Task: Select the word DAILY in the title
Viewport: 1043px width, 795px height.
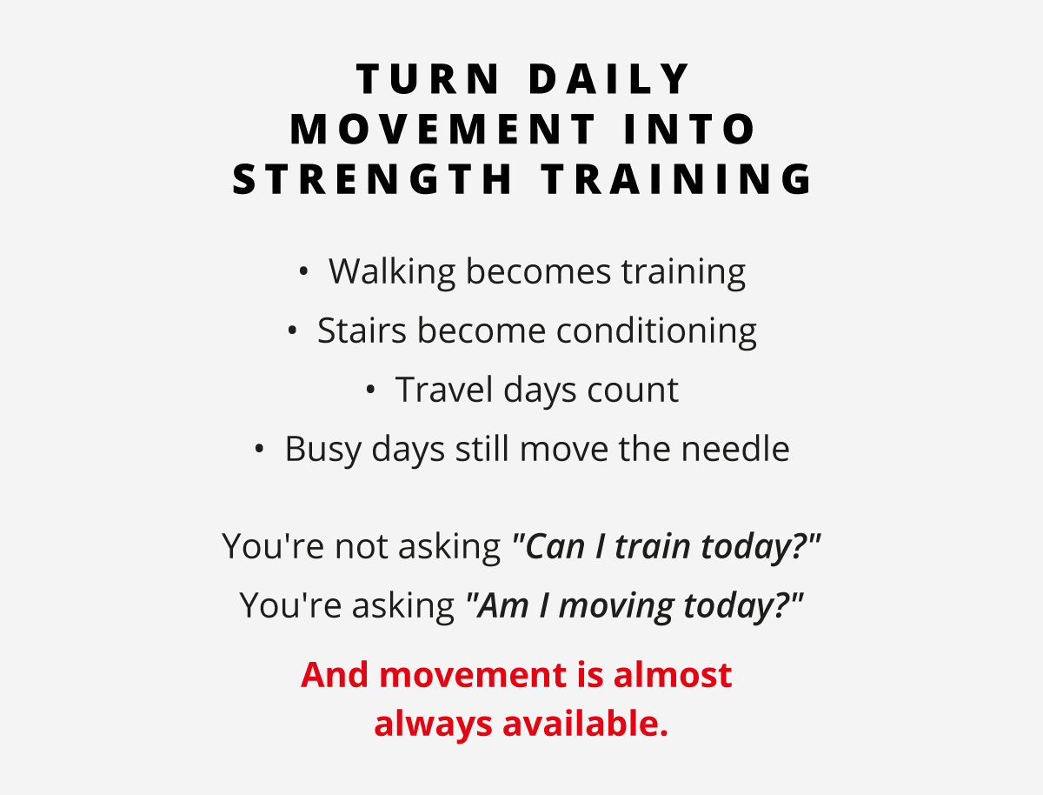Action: (611, 80)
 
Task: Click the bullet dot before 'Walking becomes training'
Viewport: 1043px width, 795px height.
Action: (303, 272)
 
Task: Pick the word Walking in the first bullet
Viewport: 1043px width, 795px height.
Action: (392, 272)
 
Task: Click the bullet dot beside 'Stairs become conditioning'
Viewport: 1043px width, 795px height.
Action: (292, 331)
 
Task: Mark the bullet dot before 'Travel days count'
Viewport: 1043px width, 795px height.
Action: (370, 391)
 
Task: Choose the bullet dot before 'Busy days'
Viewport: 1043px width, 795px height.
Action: (259, 450)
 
